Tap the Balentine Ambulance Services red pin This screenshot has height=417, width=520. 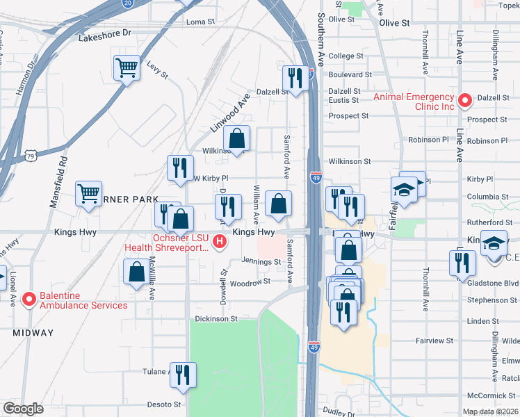(29, 299)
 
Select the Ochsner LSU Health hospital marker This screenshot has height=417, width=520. (220, 242)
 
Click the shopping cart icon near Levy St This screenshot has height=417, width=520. (127, 68)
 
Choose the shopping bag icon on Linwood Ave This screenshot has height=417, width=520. (237, 138)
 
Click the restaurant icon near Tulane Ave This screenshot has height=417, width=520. (183, 375)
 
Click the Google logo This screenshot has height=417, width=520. (23, 409)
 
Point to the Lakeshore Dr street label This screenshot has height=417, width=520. (104, 33)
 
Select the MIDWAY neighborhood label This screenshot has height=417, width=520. (33, 333)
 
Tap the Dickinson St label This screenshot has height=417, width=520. (215, 319)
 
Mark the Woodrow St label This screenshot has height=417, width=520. (250, 283)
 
